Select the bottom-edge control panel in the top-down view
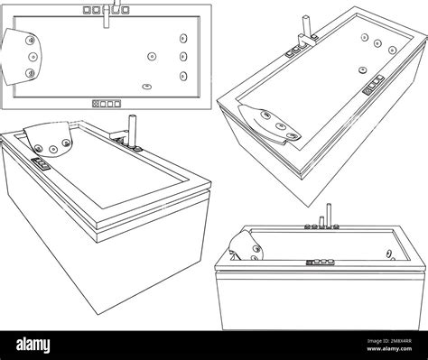pyautogui.click(x=107, y=103)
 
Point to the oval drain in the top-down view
pyautogui.click(x=145, y=86)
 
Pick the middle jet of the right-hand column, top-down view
pyautogui.click(x=183, y=57)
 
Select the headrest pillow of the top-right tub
pyautogui.click(x=272, y=123)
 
